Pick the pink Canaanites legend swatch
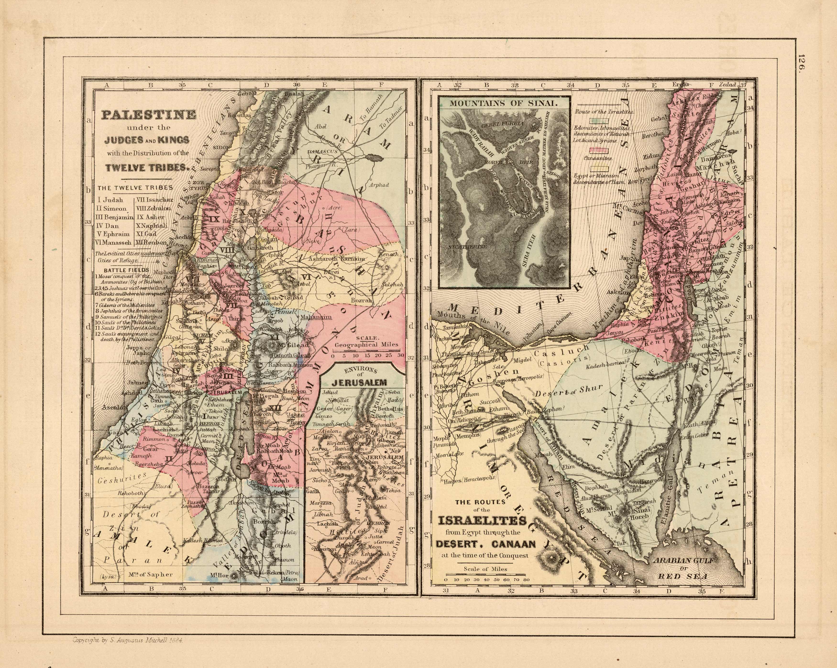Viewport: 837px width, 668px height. [600, 151]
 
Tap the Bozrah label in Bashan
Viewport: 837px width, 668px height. [361, 300]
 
